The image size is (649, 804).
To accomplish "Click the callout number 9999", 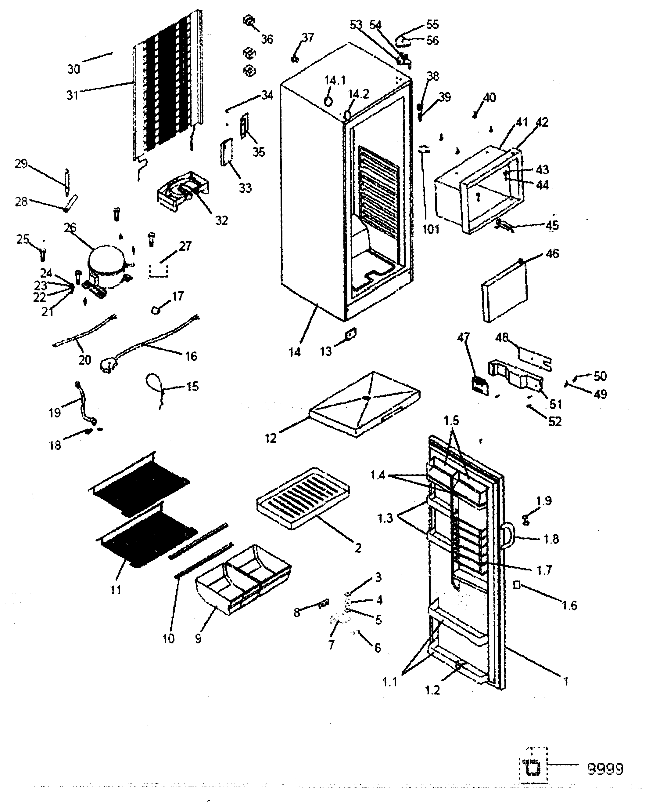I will click(605, 769).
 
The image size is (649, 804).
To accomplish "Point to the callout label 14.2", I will click(359, 94).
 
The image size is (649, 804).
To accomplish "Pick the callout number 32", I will click(221, 220).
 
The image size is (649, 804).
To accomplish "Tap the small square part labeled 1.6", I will click(517, 585).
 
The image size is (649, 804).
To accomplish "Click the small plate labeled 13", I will click(350, 333).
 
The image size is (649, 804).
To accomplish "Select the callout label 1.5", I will click(451, 421).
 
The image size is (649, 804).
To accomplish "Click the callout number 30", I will click(74, 69).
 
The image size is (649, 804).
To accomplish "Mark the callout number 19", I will click(55, 413).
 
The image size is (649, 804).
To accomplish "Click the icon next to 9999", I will click(532, 769).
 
